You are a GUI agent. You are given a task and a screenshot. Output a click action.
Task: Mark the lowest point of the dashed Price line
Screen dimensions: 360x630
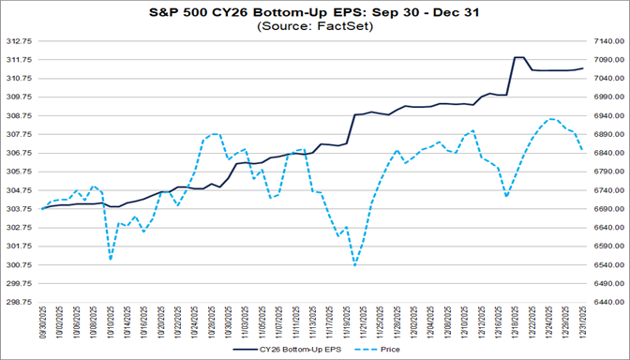click(355, 265)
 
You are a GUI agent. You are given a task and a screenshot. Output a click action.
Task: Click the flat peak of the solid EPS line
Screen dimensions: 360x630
click(518, 57)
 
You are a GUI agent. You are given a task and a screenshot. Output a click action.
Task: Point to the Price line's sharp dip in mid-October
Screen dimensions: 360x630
click(111, 258)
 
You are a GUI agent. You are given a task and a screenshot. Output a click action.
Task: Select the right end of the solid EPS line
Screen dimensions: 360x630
click(583, 68)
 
